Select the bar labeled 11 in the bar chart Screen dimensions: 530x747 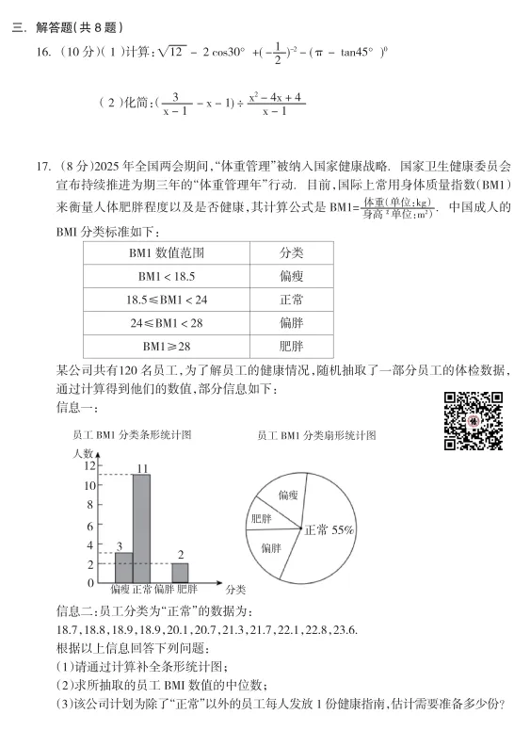coord(141,528)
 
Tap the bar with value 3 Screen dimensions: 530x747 coord(123,567)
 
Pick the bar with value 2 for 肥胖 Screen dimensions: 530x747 coord(180,572)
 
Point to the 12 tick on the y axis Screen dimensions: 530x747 coord(89,465)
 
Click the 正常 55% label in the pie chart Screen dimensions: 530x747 coord(329,529)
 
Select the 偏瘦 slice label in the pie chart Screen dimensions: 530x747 coord(288,494)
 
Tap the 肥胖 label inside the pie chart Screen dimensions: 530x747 coord(261,519)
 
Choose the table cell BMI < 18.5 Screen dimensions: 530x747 coord(166,276)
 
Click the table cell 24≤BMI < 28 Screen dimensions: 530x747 coord(166,322)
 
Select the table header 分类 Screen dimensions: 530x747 coord(291,253)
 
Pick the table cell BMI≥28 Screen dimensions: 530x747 coord(166,346)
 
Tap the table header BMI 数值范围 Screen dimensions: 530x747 coord(166,253)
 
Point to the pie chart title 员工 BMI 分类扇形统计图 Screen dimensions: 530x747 coord(317,435)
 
